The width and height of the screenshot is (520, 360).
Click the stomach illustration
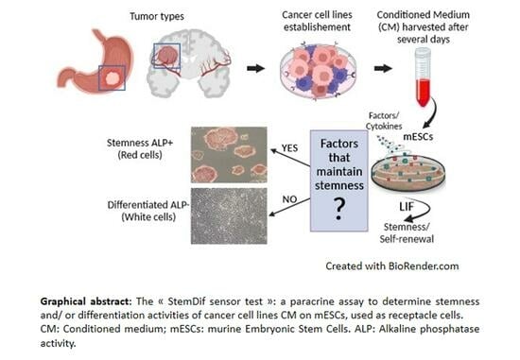coord(89,67)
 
